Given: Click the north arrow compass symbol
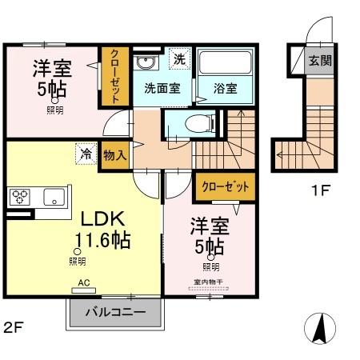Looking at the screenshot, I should pyautogui.click(x=319, y=328).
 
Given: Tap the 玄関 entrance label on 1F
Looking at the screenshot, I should pyautogui.click(x=320, y=60).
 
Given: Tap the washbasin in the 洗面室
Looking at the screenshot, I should pyautogui.click(x=146, y=64).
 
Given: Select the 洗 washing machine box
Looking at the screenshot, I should pyautogui.click(x=180, y=59).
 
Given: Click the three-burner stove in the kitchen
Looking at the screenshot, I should pyautogui.click(x=19, y=196).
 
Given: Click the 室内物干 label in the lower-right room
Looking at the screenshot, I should pyautogui.click(x=210, y=281).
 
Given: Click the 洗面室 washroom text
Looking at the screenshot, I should pyautogui.click(x=162, y=88).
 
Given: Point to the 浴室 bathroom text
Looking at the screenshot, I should pyautogui.click(x=225, y=88).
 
